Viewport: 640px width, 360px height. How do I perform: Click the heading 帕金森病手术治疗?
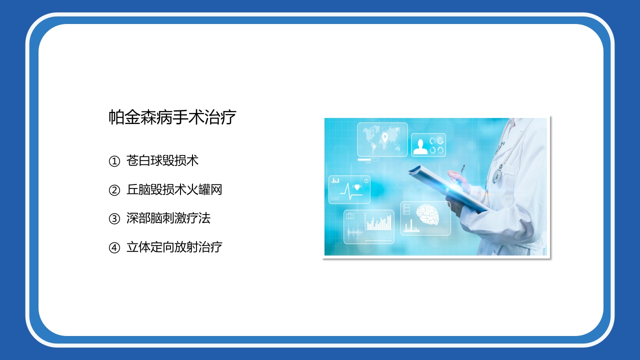[x=172, y=117]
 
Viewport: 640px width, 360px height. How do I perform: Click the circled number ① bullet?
[x=114, y=161]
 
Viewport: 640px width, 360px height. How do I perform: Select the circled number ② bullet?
[x=114, y=190]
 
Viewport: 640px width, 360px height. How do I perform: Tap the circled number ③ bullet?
[x=114, y=218]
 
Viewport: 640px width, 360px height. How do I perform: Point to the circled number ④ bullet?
[x=114, y=247]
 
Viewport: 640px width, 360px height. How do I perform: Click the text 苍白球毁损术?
[x=162, y=161]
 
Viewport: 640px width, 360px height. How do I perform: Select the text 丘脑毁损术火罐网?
[x=174, y=190]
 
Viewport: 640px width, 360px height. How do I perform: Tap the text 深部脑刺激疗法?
[x=168, y=218]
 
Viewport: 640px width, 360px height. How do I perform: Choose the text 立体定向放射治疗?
[x=174, y=247]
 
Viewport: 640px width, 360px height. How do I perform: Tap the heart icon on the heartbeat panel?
[x=357, y=187]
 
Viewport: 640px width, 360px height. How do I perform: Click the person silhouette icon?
[x=420, y=146]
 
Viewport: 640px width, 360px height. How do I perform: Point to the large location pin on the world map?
[x=385, y=137]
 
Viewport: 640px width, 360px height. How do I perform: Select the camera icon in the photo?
[x=349, y=216]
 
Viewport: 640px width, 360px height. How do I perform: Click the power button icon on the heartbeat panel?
[x=366, y=180]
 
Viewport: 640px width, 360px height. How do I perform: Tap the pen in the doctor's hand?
[x=462, y=170]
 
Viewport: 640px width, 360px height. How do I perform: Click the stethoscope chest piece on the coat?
[x=497, y=176]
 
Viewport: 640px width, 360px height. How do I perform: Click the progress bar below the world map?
[x=369, y=160]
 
